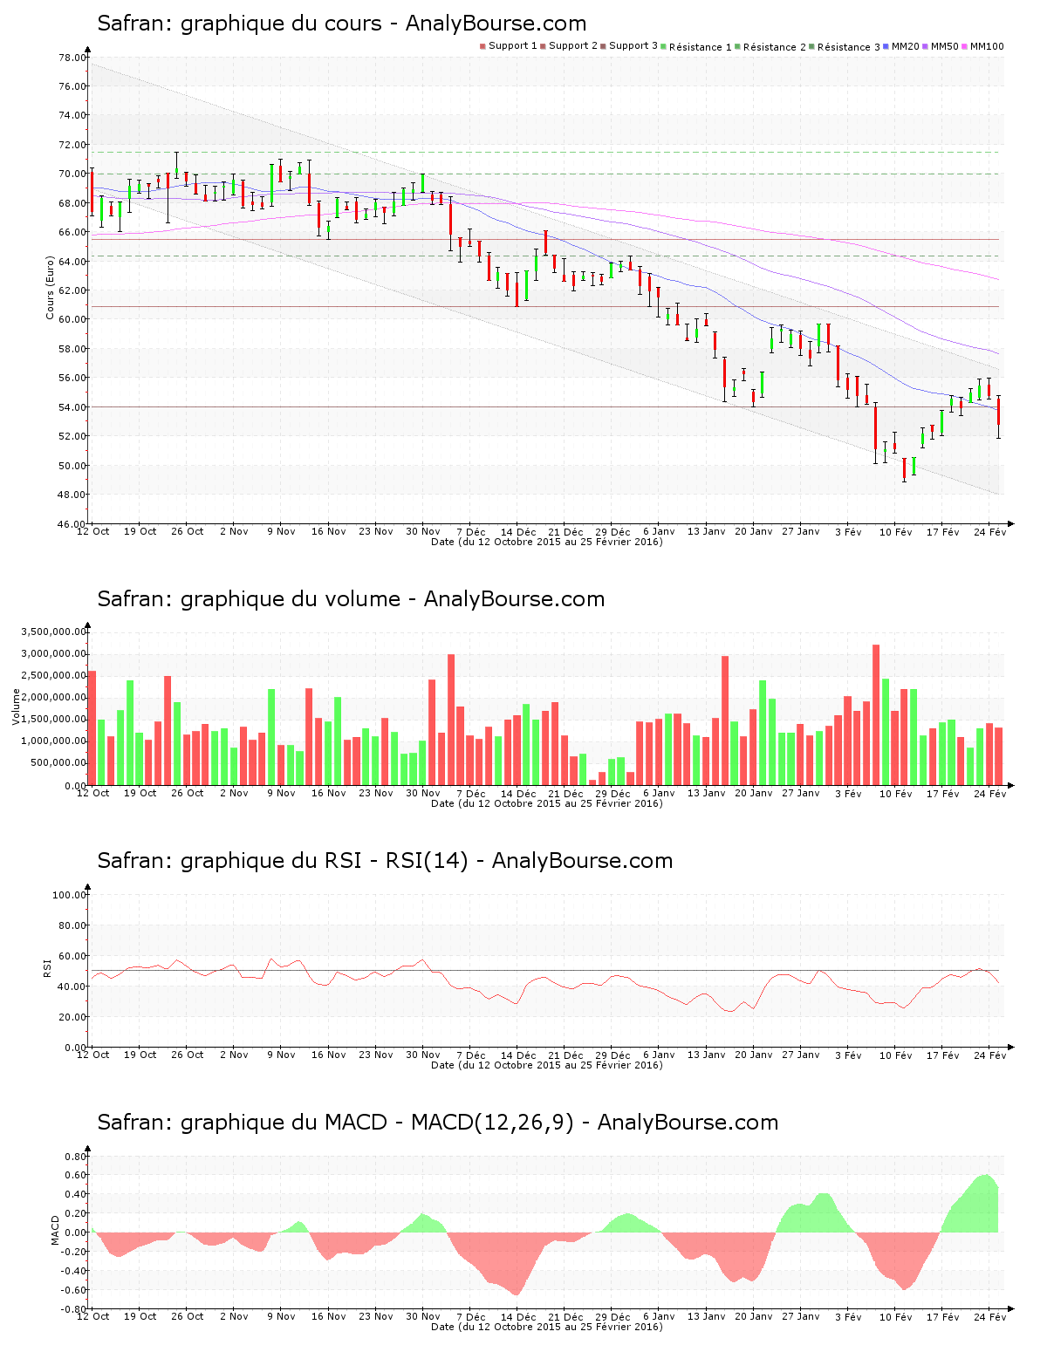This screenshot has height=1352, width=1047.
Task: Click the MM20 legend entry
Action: pos(902,46)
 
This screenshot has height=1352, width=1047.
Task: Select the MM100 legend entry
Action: pos(983,46)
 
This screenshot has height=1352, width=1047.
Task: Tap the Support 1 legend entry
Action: pos(510,46)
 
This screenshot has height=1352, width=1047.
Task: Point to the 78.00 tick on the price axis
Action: pos(72,58)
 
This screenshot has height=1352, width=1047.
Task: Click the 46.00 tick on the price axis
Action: pos(72,524)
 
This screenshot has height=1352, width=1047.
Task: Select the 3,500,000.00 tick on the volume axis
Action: pos(53,632)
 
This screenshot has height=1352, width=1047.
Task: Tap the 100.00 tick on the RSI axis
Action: pos(69,895)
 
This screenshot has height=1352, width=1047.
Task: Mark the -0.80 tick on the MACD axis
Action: pos(72,1309)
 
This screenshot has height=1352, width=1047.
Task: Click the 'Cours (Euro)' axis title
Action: pos(51,288)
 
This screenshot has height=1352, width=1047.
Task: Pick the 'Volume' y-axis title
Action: pos(16,707)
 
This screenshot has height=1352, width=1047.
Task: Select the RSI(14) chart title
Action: pos(385,861)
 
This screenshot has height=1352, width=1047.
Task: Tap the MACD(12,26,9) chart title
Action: pos(437,1123)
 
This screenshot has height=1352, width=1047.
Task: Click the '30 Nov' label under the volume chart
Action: pos(423,793)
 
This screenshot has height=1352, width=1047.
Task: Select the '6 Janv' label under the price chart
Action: pos(659,531)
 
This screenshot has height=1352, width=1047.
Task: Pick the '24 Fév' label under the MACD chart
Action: pos(990,1316)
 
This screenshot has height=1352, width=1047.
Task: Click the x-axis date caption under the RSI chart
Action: pos(546,1065)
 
